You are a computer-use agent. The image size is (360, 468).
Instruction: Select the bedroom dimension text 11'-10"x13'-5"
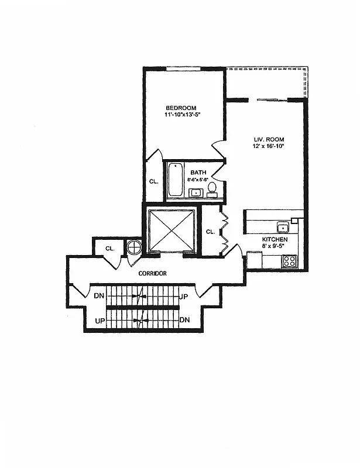[184, 115]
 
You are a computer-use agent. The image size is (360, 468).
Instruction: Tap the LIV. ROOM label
[269, 139]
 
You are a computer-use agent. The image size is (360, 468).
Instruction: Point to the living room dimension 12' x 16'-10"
[269, 146]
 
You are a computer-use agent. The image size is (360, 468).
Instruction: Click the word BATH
[198, 173]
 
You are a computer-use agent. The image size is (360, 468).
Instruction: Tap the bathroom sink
[195, 192]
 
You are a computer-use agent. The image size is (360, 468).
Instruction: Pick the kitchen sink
[282, 228]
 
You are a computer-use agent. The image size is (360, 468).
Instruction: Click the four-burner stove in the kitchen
[289, 261]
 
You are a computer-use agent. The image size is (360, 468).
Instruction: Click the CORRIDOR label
[153, 273]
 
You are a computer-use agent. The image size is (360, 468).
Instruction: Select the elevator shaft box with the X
[171, 230]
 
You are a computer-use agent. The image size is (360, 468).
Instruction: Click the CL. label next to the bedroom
[153, 182]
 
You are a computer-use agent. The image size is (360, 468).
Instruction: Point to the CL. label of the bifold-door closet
[211, 232]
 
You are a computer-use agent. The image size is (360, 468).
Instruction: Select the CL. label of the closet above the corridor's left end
[109, 249]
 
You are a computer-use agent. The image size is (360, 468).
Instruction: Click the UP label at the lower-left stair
[100, 320]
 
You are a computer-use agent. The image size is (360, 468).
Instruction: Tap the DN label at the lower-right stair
[184, 320]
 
